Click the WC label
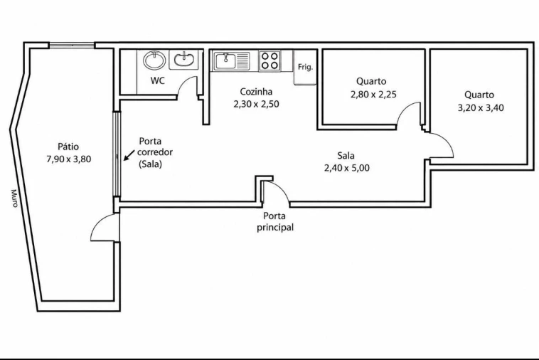tap(158, 81)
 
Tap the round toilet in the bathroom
tap(154, 60)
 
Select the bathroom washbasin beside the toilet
tap(183, 60)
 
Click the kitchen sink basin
tap(225, 61)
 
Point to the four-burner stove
tap(269, 61)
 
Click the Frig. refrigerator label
tap(305, 67)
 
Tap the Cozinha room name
tap(256, 92)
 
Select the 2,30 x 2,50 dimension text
tap(257, 104)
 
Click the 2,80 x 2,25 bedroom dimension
tap(373, 94)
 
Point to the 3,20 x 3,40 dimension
tap(481, 108)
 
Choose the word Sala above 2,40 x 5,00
tap(346, 156)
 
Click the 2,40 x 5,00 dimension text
tap(347, 168)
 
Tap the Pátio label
tap(68, 147)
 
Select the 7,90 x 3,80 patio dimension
tap(69, 159)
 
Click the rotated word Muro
tap(14, 198)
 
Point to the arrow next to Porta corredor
tap(129, 155)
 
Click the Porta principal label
tap(275, 222)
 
